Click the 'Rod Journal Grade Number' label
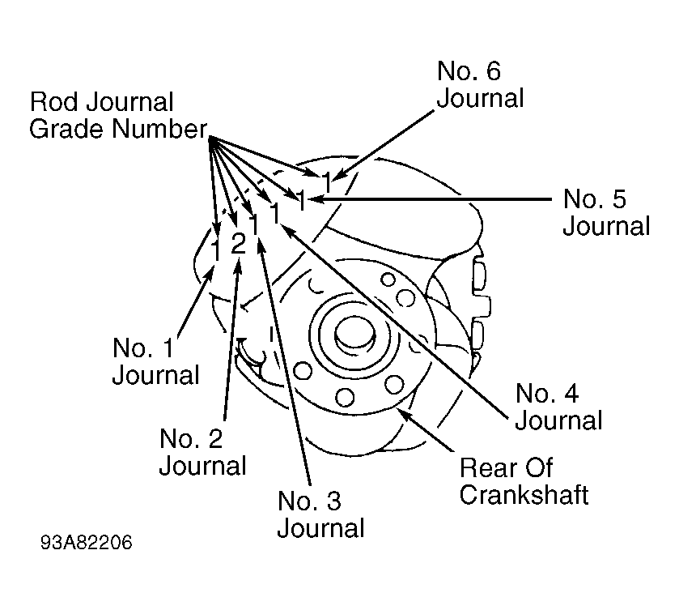tap(118, 115)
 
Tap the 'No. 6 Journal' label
tap(480, 84)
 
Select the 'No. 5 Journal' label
tap(606, 212)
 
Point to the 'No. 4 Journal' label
tap(558, 407)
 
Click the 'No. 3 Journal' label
tap(320, 514)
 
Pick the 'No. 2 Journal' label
tap(202, 452)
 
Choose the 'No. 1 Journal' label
tap(155, 360)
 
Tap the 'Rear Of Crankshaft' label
tap(524, 481)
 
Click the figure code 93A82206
tap(86, 543)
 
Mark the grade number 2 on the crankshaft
tap(239, 243)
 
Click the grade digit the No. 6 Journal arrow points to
tap(327, 182)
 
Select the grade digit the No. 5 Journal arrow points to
tap(301, 200)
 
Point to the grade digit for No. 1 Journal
tap(216, 250)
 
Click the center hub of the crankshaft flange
tap(354, 333)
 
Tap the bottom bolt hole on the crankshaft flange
tap(345, 396)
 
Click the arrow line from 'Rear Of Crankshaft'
tap(426, 429)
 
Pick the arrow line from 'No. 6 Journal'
tap(383, 145)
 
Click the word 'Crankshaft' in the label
tap(524, 495)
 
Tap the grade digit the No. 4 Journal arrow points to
tap(275, 212)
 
